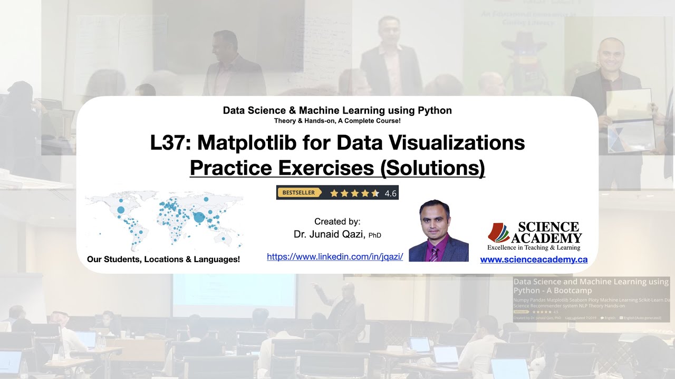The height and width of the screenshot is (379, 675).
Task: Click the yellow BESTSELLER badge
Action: [299, 193]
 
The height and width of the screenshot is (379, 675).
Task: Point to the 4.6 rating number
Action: [390, 193]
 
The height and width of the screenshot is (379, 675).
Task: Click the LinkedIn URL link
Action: [335, 257]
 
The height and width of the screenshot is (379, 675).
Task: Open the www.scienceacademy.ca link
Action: [534, 260]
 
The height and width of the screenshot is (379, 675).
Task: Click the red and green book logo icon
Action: [499, 233]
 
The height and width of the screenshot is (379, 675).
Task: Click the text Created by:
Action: [337, 222]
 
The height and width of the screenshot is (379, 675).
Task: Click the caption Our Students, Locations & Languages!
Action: [163, 259]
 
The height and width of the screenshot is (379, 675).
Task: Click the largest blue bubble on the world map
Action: [199, 217]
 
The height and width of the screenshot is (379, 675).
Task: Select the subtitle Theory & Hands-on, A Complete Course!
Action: [337, 121]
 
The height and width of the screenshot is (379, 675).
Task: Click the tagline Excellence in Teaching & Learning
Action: [534, 247]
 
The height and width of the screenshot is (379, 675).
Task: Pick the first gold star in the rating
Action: [334, 193]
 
